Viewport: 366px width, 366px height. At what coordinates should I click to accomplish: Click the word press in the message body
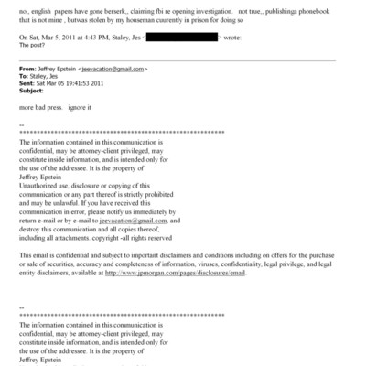pos(59,111)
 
